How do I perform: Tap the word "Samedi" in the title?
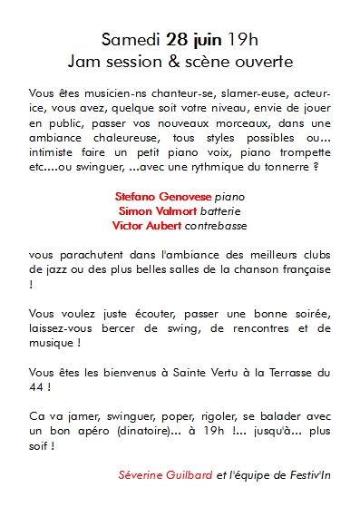131,40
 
